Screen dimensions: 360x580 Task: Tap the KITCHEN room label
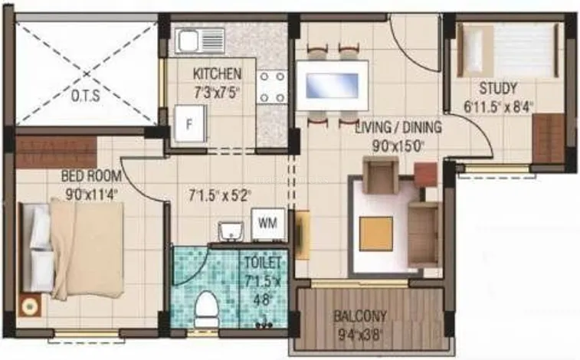[217, 74]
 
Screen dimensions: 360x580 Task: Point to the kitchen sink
[200, 40]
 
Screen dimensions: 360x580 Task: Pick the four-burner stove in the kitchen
[271, 87]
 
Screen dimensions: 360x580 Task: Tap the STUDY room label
[498, 87]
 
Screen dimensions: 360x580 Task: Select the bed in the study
[509, 50]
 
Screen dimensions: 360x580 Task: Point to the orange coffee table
[375, 233]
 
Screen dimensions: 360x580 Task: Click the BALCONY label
[360, 316]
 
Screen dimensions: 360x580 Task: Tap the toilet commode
[205, 310]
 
